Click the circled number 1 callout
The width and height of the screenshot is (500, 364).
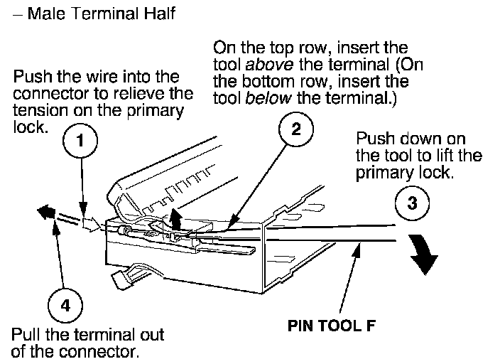(x=81, y=142)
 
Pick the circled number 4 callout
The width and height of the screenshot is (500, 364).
(x=65, y=306)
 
